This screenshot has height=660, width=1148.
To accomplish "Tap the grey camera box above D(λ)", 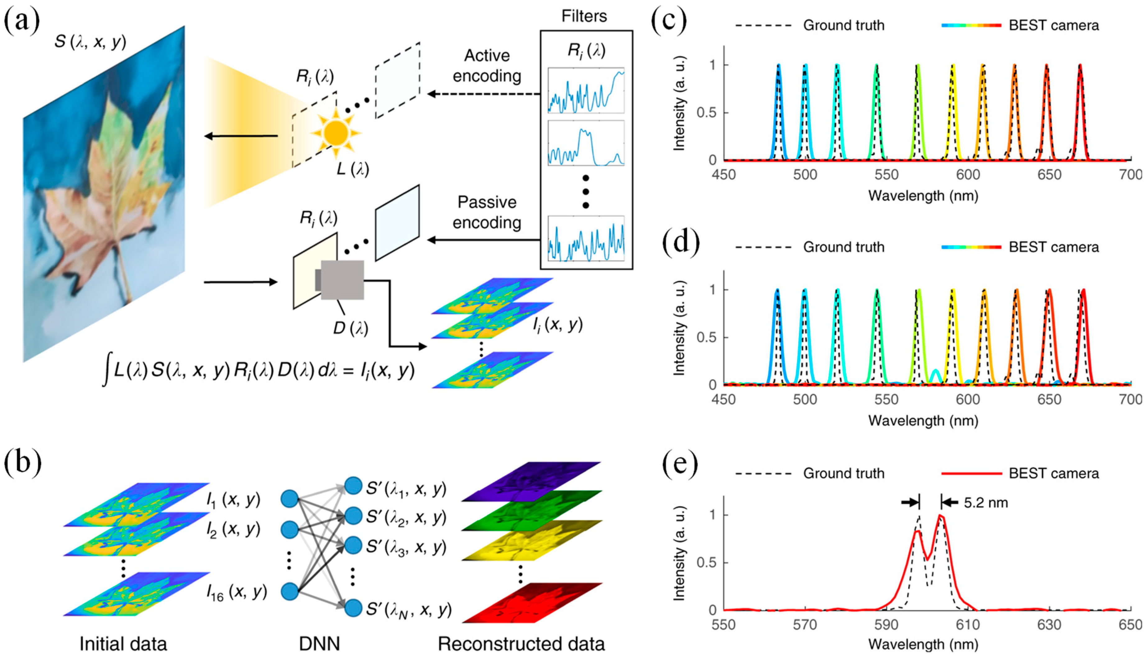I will tap(342, 280).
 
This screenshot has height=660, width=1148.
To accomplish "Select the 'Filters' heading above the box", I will tap(584, 16).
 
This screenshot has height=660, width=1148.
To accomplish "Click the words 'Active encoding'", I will tap(487, 66).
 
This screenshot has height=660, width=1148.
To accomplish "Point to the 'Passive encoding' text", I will tap(487, 212).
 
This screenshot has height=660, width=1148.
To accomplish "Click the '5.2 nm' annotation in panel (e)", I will tap(986, 503).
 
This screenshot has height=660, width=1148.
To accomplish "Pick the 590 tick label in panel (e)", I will tap(886, 625).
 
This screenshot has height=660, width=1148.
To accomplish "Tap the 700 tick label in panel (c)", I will tap(1130, 174).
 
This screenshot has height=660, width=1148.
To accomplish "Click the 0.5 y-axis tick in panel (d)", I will tap(706, 337).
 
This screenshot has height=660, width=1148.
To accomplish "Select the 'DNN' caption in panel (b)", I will tap(319, 644).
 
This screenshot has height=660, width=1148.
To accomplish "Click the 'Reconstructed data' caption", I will tap(521, 644).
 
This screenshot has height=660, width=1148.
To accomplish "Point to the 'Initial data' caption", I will tap(123, 644).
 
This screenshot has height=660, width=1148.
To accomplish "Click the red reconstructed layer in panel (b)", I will tap(532, 603).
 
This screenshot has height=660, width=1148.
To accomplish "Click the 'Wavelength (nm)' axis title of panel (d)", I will tap(923, 421).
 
